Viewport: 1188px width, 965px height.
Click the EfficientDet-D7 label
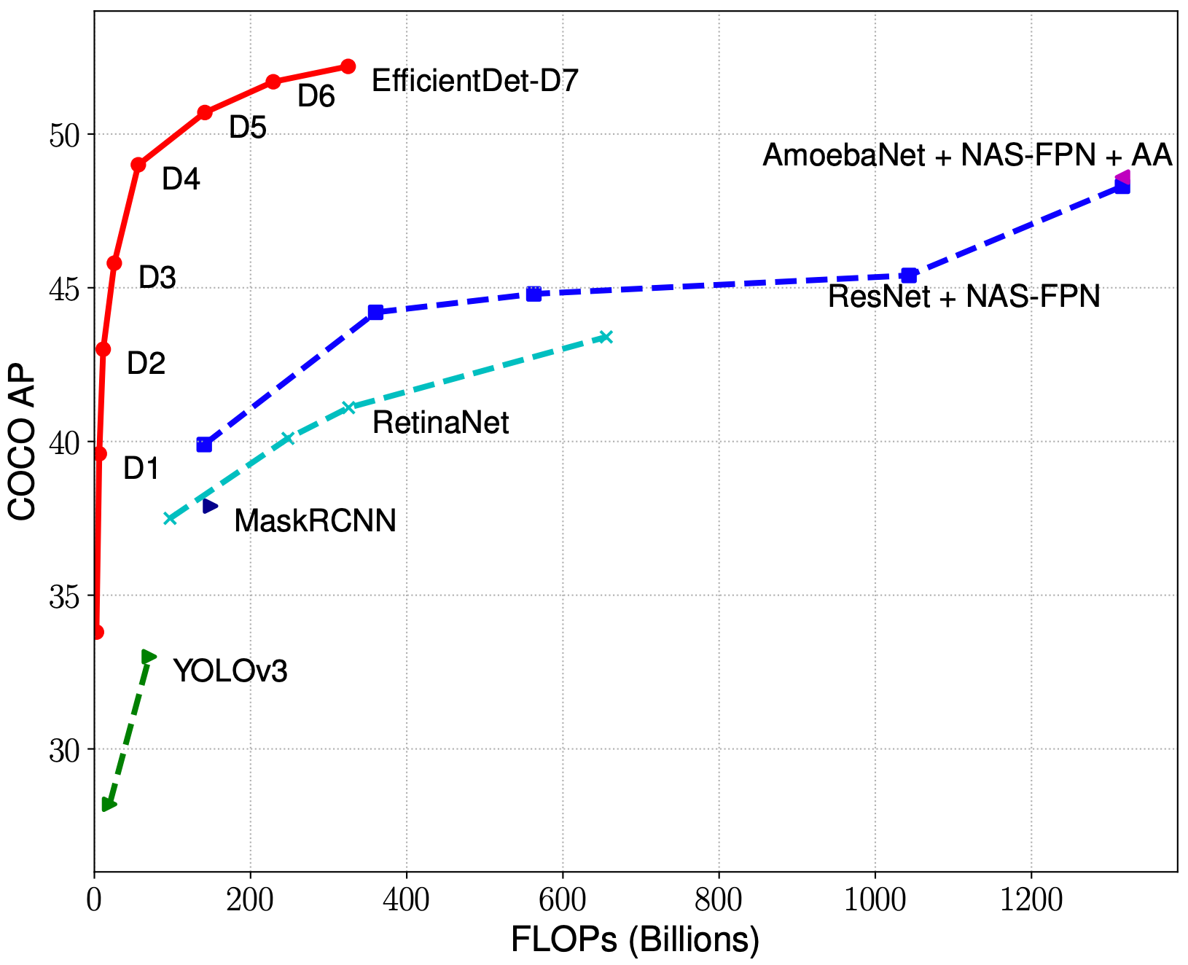474,81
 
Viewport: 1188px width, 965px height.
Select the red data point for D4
138,165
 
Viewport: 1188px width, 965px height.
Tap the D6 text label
316,96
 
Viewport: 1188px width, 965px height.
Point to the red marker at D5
205,112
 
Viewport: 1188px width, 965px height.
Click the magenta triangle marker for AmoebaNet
1123,178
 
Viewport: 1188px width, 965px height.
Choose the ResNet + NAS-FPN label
964,297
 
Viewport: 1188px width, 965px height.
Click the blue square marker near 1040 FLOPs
909,276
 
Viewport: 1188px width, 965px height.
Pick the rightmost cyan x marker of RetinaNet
606,337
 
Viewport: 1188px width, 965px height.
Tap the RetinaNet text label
440,423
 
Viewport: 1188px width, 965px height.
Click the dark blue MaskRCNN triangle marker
210,506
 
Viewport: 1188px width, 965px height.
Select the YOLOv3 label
230,671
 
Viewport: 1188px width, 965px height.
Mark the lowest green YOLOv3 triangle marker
109,805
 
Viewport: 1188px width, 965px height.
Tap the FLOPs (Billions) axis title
635,940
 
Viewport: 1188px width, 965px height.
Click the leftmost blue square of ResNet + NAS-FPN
204,445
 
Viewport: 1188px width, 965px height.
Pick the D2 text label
146,363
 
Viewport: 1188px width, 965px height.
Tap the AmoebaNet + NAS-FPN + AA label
966,155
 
